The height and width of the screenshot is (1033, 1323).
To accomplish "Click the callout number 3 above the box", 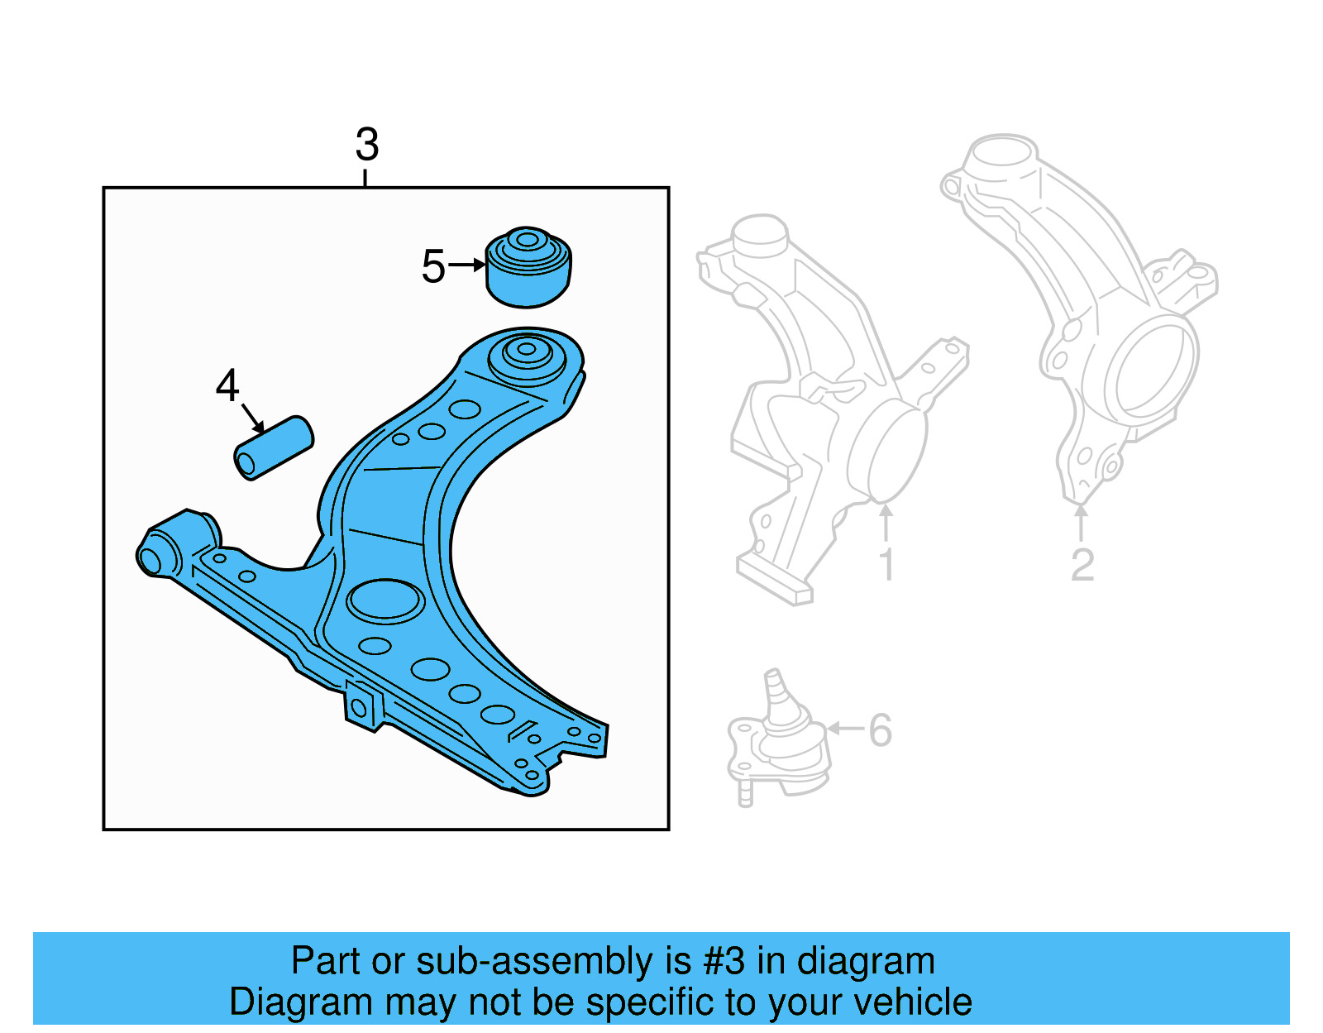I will tap(367, 146).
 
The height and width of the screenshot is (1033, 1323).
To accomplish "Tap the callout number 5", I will tap(432, 266).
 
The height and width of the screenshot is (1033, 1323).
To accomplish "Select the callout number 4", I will tap(227, 386).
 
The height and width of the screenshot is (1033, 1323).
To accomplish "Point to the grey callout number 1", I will tap(886, 565).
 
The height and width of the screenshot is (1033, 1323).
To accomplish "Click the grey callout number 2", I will tap(1082, 565).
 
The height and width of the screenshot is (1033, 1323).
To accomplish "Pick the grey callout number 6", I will tap(880, 730).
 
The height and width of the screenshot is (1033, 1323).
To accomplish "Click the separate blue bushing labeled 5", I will tap(528, 268).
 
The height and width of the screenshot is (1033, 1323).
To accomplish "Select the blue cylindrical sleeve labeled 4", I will tap(274, 448).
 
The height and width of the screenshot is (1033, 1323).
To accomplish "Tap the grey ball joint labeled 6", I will tap(778, 744).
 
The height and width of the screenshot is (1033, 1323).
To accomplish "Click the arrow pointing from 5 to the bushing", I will tap(468, 265).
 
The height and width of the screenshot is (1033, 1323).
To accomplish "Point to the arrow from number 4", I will tap(253, 418).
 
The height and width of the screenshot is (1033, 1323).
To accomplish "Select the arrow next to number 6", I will tap(845, 729).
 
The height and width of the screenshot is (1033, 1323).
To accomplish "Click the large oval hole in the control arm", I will tap(385, 601).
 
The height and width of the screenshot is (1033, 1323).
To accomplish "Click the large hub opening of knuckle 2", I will tap(1152, 370).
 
